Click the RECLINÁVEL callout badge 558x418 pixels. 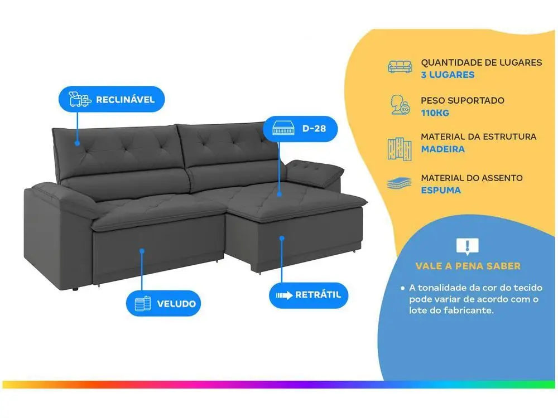(x=112, y=99)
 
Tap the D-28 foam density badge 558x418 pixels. (x=300, y=129)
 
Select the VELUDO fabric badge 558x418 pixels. (x=163, y=304)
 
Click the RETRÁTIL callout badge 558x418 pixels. (x=308, y=295)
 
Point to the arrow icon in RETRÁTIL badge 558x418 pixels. (x=284, y=295)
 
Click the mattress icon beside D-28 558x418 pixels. (x=283, y=129)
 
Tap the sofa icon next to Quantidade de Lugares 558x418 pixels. (x=400, y=66)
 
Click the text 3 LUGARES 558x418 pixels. (x=448, y=75)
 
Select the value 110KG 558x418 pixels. (x=435, y=113)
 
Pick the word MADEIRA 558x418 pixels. (x=442, y=149)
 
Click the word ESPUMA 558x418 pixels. (x=441, y=190)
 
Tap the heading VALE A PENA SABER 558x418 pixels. (x=468, y=266)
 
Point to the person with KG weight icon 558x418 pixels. (x=400, y=105)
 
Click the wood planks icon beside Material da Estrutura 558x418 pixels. (x=400, y=149)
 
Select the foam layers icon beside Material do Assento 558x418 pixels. (x=399, y=184)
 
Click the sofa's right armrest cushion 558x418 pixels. (x=315, y=172)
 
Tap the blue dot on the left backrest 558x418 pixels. (x=77, y=143)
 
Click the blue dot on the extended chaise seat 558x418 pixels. (x=280, y=194)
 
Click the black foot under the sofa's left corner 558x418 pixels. (x=75, y=289)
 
